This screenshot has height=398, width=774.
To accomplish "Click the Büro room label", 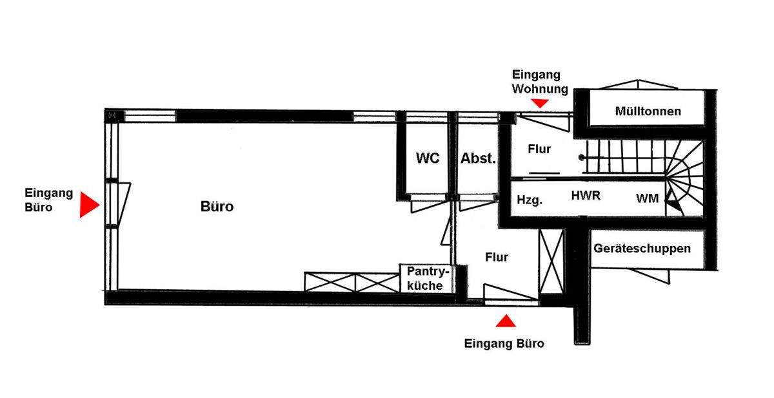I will click(x=217, y=207).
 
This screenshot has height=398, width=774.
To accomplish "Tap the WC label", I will click(x=428, y=158).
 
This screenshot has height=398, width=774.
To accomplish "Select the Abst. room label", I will click(x=478, y=158).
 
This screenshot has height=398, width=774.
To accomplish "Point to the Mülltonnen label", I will click(x=648, y=111).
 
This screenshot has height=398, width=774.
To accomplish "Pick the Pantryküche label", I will click(x=425, y=279).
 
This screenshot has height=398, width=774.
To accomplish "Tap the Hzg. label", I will click(x=530, y=200).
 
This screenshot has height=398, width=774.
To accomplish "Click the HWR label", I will click(x=586, y=196).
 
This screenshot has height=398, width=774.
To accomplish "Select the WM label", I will click(x=648, y=199).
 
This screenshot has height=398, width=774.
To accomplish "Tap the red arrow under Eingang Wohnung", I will click(x=541, y=102).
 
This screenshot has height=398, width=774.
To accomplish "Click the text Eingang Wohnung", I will click(x=540, y=82).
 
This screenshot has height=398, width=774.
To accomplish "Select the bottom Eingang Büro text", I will click(x=504, y=343).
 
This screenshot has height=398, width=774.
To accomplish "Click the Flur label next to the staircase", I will click(x=539, y=149).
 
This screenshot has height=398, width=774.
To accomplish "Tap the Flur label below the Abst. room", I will click(x=497, y=258).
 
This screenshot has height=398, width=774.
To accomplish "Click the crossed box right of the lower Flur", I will click(x=551, y=261).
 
